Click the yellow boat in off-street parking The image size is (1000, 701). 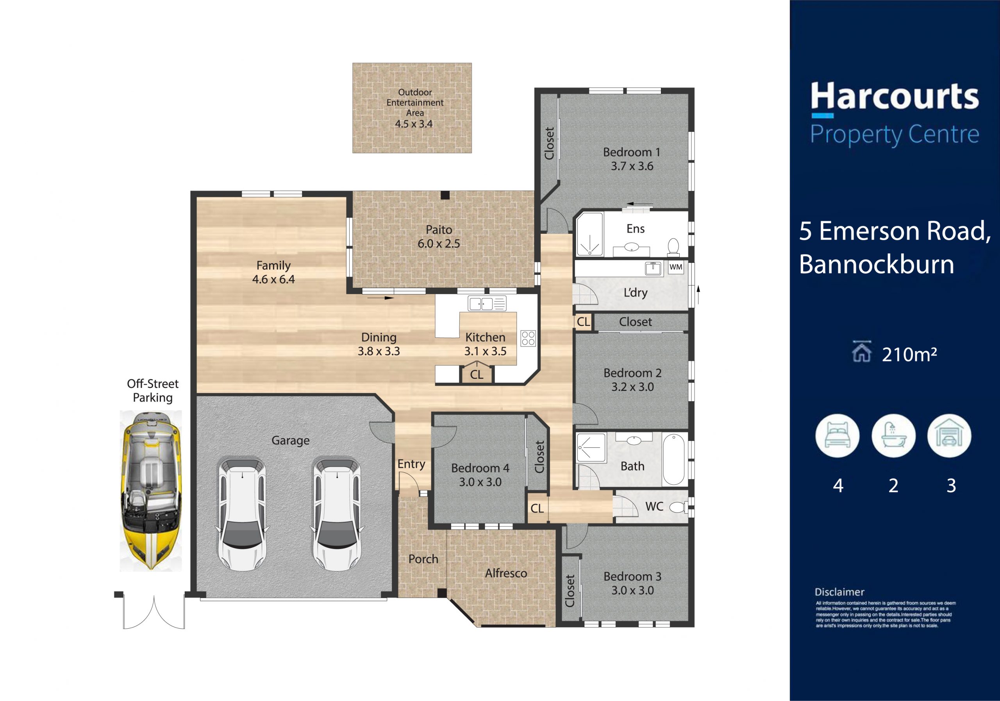151,490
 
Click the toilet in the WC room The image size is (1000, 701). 678,507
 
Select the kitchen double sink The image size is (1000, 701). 487,303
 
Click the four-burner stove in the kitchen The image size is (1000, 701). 528,338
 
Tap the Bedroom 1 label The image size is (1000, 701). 632,152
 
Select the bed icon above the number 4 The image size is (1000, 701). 837,436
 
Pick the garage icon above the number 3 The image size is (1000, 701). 949,436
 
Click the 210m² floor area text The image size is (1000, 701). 909,355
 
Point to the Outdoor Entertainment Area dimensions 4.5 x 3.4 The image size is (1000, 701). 414,124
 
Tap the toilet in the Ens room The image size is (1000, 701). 673,247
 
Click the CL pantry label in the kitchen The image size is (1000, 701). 477,375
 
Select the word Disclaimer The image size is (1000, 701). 839,592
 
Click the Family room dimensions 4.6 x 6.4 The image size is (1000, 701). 273,280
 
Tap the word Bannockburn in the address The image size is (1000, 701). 877,265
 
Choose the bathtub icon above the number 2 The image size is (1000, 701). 893,436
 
